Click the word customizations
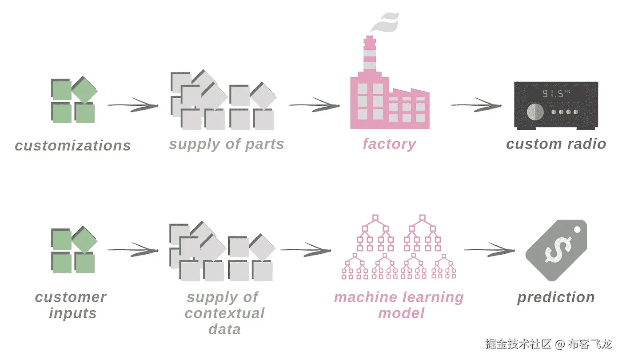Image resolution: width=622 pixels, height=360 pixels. pyautogui.click(x=73, y=146)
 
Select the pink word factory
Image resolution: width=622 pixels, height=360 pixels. pyautogui.click(x=389, y=144)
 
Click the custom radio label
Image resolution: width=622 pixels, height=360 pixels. pyautogui.click(x=556, y=144)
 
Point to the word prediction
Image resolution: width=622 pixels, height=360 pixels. pyautogui.click(x=556, y=298)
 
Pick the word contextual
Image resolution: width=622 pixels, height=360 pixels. pyautogui.click(x=225, y=313)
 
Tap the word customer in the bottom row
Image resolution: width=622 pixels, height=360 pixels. pyautogui.click(x=71, y=297)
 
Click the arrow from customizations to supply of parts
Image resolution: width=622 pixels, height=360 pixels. pyautogui.click(x=133, y=105)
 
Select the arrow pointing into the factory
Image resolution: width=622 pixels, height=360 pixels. pyautogui.click(x=315, y=105)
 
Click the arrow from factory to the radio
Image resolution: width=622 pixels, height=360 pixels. pyautogui.click(x=476, y=105)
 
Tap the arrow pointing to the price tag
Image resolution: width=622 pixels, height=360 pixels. pyautogui.click(x=490, y=250)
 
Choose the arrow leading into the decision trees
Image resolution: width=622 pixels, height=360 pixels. pyautogui.click(x=306, y=250)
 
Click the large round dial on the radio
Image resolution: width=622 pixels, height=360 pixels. pyautogui.click(x=535, y=112)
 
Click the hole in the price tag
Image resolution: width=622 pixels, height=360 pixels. pyautogui.click(x=577, y=229)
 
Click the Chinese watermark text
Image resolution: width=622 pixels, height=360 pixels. pyautogui.click(x=548, y=344)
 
